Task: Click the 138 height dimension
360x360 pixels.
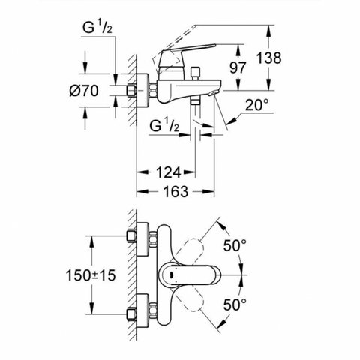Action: point(269,58)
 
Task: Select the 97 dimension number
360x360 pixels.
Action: point(238,67)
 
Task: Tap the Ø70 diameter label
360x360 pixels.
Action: point(84,91)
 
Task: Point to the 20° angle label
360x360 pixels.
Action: point(256,105)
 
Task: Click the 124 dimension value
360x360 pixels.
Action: point(168,172)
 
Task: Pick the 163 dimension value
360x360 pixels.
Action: point(175,192)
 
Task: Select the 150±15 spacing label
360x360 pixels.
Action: point(91,275)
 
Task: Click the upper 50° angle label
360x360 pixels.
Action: point(235,245)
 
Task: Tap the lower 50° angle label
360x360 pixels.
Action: point(235,304)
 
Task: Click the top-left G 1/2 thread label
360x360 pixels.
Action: point(97,28)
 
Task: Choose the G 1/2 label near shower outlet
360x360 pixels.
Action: point(164,126)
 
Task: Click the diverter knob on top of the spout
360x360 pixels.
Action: point(194,73)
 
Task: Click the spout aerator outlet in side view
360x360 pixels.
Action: point(213,93)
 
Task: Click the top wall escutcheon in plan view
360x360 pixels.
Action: point(143,239)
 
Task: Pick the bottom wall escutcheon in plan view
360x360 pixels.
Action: point(143,310)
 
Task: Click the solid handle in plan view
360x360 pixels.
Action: point(190,275)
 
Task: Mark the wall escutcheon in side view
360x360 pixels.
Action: point(143,91)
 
